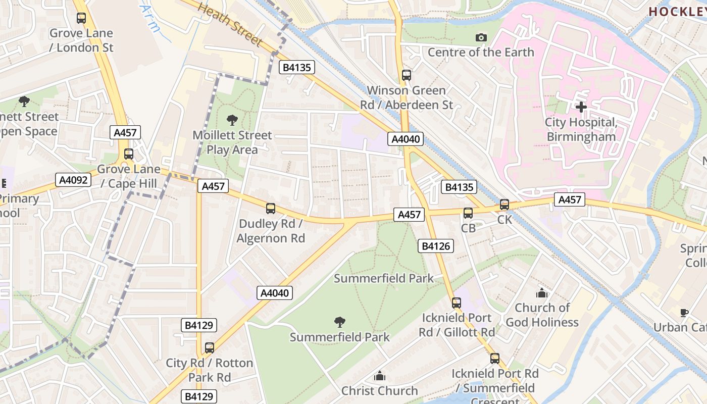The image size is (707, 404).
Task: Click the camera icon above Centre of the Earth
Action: (x=481, y=37)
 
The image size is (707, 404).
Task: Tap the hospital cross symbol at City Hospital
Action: (x=581, y=107)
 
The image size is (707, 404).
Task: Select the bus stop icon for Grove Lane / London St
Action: (x=81, y=18)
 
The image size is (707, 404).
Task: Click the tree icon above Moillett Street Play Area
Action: (x=232, y=120)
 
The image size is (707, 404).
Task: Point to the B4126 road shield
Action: (x=435, y=246)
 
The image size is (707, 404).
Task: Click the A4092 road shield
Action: (x=73, y=180)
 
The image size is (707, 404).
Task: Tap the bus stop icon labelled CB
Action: (x=468, y=213)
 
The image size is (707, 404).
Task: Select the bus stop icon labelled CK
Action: (x=504, y=205)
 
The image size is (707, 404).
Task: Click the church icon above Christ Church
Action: (x=379, y=376)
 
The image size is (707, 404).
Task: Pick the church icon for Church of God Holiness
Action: (x=542, y=293)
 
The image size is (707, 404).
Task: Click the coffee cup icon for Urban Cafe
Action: (x=684, y=313)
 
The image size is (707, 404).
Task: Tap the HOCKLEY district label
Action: (x=677, y=12)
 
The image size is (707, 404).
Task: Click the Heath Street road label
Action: (x=230, y=24)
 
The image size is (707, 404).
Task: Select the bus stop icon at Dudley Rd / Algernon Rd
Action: (x=271, y=208)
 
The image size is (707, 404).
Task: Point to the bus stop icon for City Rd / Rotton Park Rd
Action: (x=210, y=347)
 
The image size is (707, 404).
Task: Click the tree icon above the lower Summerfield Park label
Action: (x=340, y=322)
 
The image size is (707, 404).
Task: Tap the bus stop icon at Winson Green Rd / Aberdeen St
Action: (x=407, y=75)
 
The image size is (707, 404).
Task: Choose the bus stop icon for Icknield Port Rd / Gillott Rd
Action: (x=457, y=302)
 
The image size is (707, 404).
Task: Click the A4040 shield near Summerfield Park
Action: (x=275, y=293)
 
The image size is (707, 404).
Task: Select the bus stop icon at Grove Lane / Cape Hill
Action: (x=129, y=154)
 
